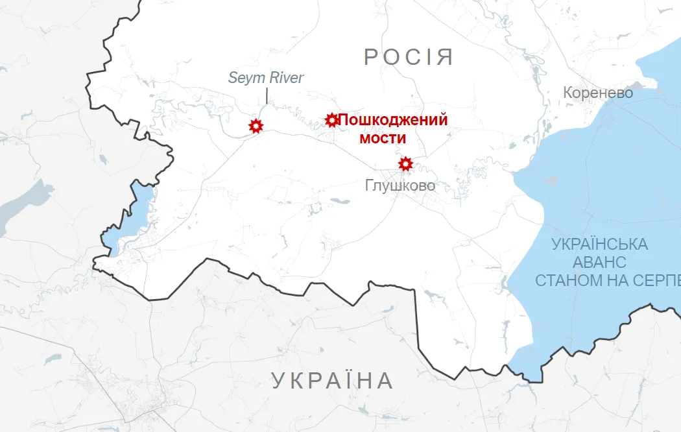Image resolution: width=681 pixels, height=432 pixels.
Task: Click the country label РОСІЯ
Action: [408, 56]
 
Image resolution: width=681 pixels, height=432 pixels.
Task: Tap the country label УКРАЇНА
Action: [332, 380]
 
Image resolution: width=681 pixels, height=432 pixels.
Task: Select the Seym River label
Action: [266, 78]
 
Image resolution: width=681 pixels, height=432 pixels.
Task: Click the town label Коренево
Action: [598, 93]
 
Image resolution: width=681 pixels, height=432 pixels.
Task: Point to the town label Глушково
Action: [400, 186]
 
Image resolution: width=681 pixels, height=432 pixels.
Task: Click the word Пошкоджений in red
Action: [393, 120]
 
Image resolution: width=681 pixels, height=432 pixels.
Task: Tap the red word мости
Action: [383, 138]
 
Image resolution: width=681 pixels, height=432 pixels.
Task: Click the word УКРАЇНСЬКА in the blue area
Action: [600, 245]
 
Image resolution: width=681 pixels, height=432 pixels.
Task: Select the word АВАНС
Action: [600, 263]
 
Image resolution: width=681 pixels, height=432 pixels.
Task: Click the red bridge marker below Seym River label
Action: [256, 126]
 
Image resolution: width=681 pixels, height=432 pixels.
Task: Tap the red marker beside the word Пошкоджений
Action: [331, 120]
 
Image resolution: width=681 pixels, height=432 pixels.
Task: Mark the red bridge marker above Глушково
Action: [405, 163]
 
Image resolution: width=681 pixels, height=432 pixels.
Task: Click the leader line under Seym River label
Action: [267, 96]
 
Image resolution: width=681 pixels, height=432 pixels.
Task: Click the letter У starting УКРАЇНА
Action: [278, 380]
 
